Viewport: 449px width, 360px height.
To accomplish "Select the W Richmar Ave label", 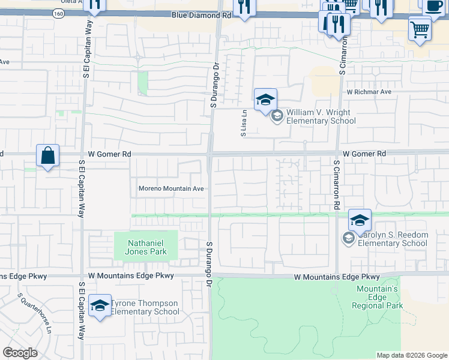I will (369, 92).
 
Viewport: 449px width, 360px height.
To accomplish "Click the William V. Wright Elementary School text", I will (321, 116).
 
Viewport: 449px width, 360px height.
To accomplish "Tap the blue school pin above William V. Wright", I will (265, 100).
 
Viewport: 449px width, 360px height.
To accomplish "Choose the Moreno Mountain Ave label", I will (172, 188).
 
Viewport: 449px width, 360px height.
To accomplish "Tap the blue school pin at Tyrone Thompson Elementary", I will (100, 305).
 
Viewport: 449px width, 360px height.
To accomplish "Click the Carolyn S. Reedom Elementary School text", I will (392, 239).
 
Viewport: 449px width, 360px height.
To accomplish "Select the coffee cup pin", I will (433, 7).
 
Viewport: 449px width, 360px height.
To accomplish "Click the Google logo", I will (20, 353).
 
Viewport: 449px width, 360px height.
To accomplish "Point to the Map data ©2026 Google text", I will (412, 355).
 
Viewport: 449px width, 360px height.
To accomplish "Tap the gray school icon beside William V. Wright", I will (277, 116).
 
